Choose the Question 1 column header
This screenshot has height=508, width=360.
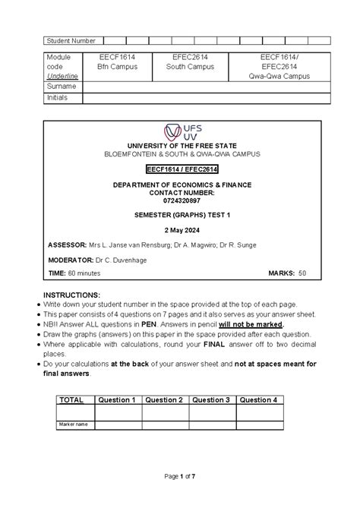pyautogui.click(x=118, y=399)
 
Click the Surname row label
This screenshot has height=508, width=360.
pyautogui.click(x=62, y=87)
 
